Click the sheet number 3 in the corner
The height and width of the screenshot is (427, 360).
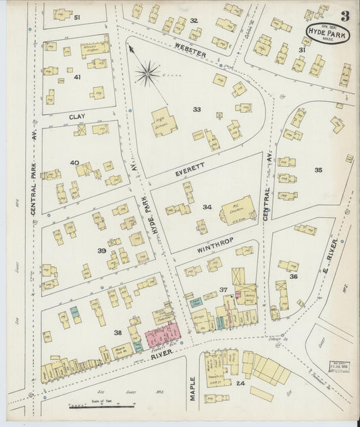(x=344, y=16)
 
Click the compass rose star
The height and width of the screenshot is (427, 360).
(x=147, y=71)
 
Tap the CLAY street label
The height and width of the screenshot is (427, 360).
(x=76, y=117)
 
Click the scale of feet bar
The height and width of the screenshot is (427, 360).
(x=101, y=407)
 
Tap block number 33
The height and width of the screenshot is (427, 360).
(x=197, y=109)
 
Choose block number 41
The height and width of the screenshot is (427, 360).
(x=77, y=77)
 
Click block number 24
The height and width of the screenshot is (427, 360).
(x=240, y=383)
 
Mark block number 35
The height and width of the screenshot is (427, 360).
(x=317, y=170)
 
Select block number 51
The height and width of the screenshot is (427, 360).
(x=76, y=17)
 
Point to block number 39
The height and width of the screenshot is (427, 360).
(x=101, y=251)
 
